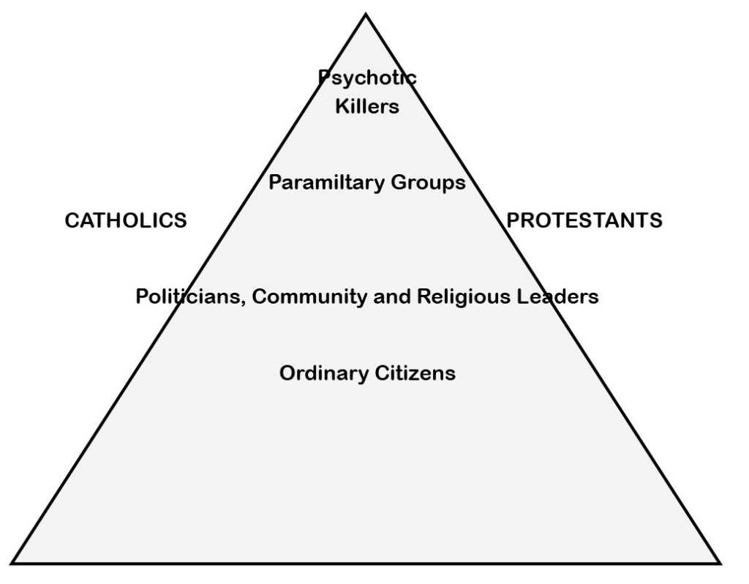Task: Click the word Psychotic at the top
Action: (x=367, y=77)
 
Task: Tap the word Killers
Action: (x=367, y=107)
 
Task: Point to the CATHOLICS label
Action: (x=126, y=221)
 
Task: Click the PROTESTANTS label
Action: (x=585, y=221)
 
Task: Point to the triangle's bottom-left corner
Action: (x=13, y=562)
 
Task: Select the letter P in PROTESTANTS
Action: (x=513, y=221)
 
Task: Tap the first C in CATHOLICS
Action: (x=71, y=221)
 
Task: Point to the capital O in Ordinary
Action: (x=287, y=373)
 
